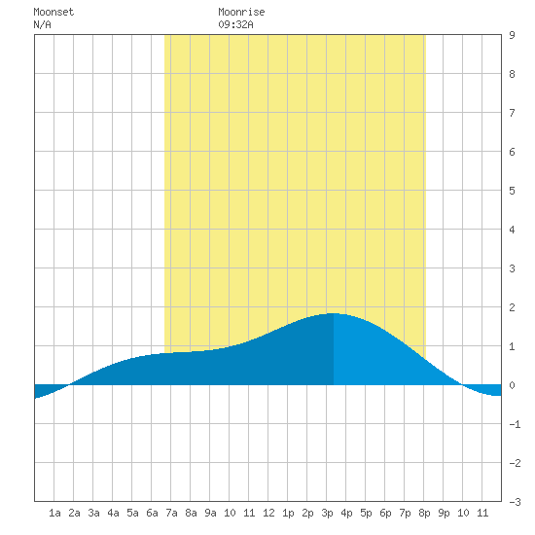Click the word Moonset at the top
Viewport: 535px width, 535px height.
pyautogui.click(x=53, y=12)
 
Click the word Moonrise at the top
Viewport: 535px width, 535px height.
pyautogui.click(x=241, y=12)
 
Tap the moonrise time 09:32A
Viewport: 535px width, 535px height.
pyautogui.click(x=235, y=24)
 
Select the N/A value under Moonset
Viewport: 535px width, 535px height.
pyautogui.click(x=42, y=24)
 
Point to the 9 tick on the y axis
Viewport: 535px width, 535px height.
pyautogui.click(x=512, y=35)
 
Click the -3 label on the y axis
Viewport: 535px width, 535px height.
pyautogui.click(x=515, y=502)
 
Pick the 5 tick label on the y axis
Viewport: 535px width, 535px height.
pyautogui.click(x=512, y=191)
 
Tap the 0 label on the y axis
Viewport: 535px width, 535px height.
pyautogui.click(x=512, y=385)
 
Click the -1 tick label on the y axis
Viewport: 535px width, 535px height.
pyautogui.click(x=515, y=424)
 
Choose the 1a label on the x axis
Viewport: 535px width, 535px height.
pyautogui.click(x=54, y=513)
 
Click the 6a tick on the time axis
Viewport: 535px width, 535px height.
pyautogui.click(x=152, y=513)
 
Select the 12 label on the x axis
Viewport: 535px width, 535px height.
pyautogui.click(x=268, y=513)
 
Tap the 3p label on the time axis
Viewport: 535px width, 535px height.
pyautogui.click(x=327, y=513)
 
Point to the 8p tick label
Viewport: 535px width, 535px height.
pyautogui.click(x=424, y=513)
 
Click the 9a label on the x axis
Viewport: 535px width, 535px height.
pyautogui.click(x=210, y=513)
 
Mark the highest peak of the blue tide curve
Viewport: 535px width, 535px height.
pyautogui.click(x=334, y=313)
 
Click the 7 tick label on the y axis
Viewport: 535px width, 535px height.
pyautogui.click(x=512, y=113)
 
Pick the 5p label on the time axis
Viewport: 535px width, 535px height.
pyautogui.click(x=366, y=513)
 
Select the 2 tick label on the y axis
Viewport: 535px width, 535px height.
pyautogui.click(x=512, y=307)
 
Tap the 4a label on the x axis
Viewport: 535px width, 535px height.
pyautogui.click(x=113, y=513)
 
